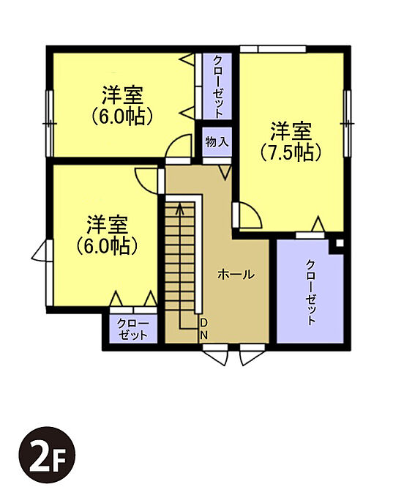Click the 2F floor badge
pos(47,455)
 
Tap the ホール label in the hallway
pos(236,275)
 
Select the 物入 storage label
pos(217,141)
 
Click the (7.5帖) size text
pos(291,153)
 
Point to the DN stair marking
pos(203,329)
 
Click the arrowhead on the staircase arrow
pos(180,208)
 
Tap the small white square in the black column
pos(340,243)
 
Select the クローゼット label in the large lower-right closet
pos(310,292)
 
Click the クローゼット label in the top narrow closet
pos(217,86)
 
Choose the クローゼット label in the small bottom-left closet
pos(133,330)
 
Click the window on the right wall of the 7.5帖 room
pos(348,124)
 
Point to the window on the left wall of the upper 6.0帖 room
pos(50,124)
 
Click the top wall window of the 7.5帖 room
pos(272,49)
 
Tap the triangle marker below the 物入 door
pos(225,173)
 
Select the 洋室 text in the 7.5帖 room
pos(291,132)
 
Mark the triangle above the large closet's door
pos(318,224)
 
